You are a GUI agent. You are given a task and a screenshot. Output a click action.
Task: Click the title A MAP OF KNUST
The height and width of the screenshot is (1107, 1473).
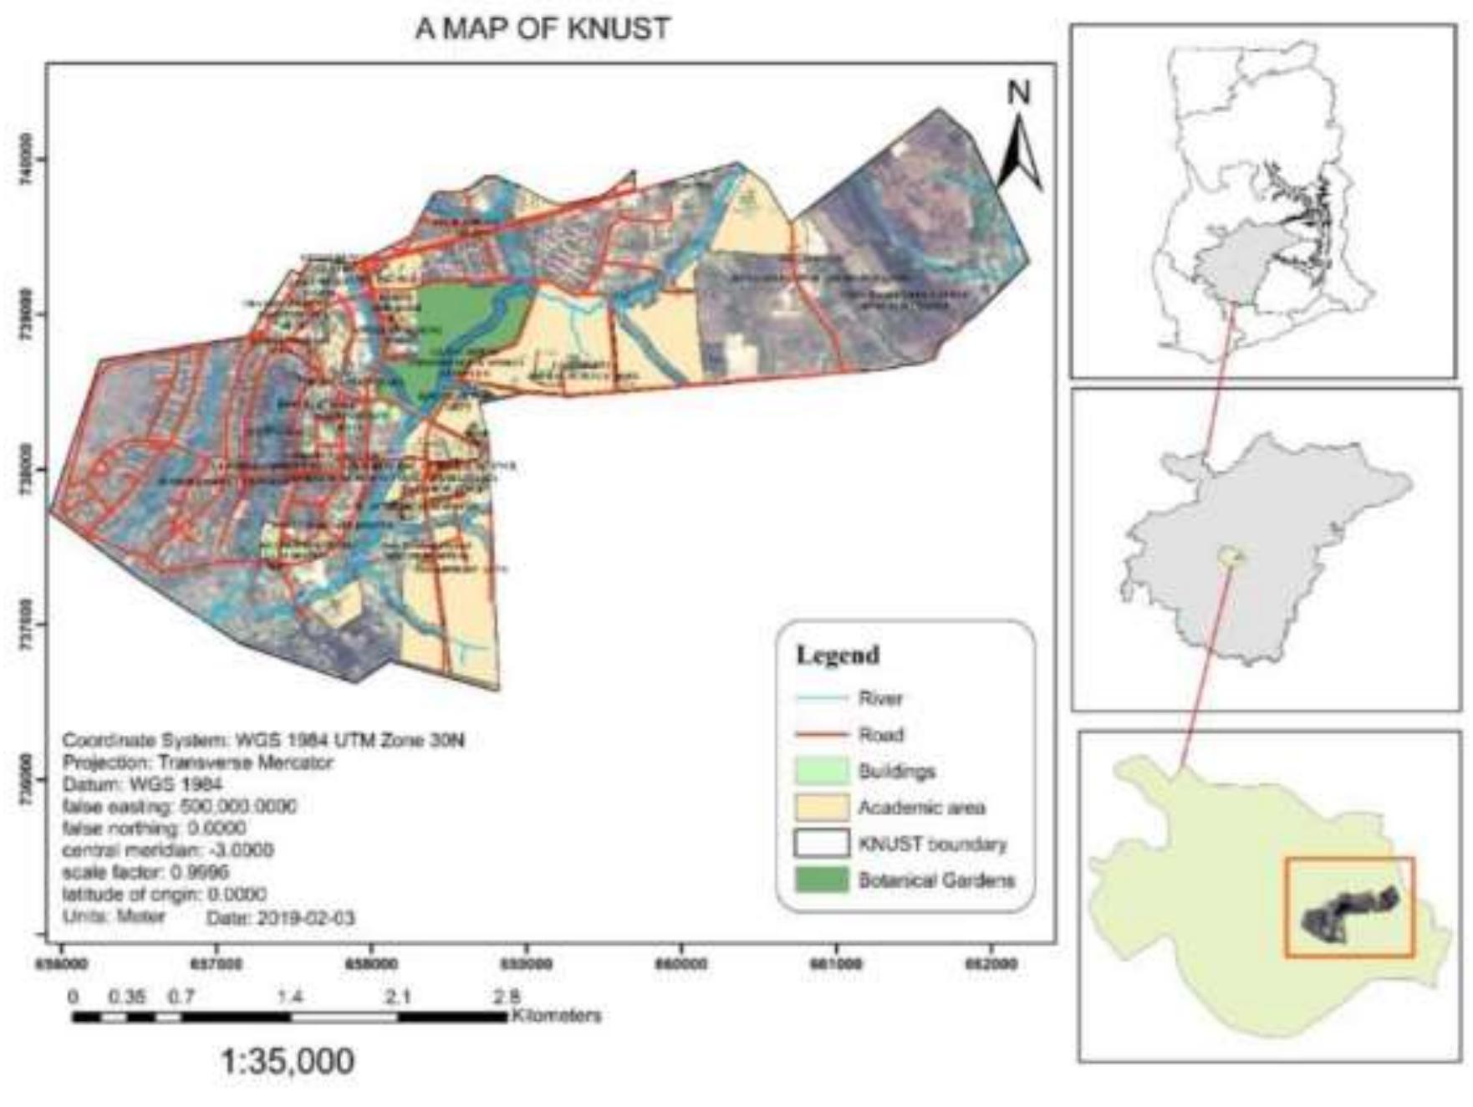pyautogui.click(x=543, y=28)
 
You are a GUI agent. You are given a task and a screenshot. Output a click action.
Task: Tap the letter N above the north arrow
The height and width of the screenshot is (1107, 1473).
pyautogui.click(x=1018, y=92)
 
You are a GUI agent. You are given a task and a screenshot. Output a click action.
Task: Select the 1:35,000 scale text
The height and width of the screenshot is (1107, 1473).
pyautogui.click(x=287, y=1061)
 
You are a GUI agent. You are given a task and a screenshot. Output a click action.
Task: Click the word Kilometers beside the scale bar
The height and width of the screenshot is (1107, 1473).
pyautogui.click(x=557, y=1016)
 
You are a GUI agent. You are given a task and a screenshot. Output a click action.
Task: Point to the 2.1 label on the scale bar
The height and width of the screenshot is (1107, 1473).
pyautogui.click(x=398, y=997)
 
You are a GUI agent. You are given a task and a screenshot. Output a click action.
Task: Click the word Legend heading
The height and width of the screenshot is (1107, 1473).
pyautogui.click(x=837, y=655)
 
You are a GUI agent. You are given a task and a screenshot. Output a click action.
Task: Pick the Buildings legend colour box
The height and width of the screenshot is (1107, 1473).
pyautogui.click(x=821, y=771)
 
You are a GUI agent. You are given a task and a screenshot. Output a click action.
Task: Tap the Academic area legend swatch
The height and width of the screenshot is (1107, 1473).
pyautogui.click(x=821, y=808)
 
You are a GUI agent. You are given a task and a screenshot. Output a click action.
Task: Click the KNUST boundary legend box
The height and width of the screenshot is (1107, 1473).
pyautogui.click(x=821, y=844)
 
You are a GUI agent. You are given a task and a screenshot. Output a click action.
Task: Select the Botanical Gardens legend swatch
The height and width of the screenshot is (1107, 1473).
pyautogui.click(x=821, y=880)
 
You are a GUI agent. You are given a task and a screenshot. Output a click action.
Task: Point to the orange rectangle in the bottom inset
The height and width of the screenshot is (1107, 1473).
pyautogui.click(x=1349, y=859)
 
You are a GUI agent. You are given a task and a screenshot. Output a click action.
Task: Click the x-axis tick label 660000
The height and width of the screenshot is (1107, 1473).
pyautogui.click(x=681, y=964)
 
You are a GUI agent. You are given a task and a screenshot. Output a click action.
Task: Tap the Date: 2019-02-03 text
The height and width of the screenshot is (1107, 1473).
pyautogui.click(x=280, y=918)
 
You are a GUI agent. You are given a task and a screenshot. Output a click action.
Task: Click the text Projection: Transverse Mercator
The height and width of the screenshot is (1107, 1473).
pyautogui.click(x=197, y=763)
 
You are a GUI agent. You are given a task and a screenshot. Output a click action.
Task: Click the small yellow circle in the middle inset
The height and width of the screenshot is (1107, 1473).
pyautogui.click(x=1229, y=555)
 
